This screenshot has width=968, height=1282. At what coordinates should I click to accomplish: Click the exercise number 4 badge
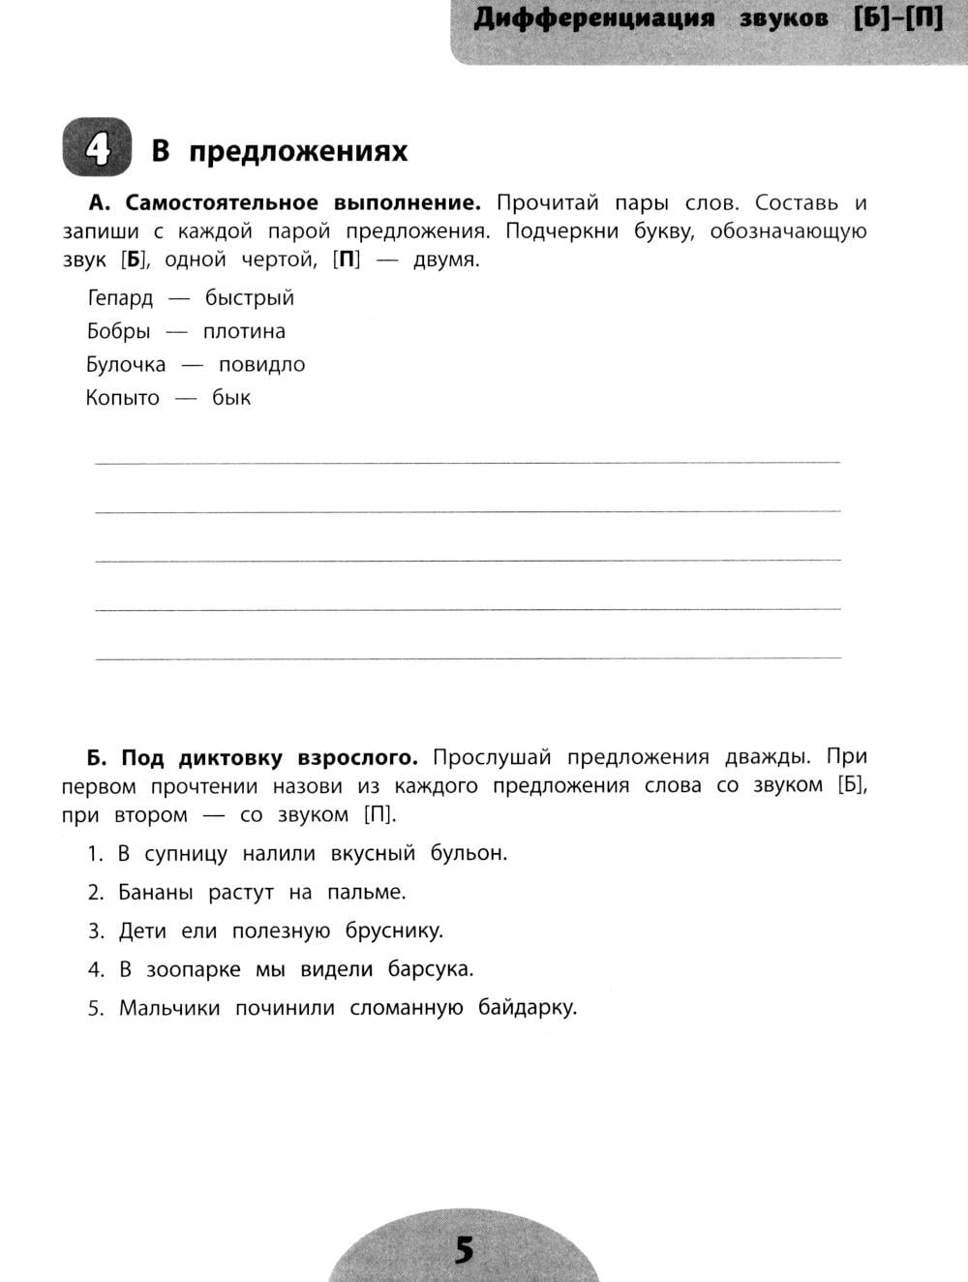(97, 148)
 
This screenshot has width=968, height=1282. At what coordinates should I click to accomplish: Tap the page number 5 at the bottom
(465, 1250)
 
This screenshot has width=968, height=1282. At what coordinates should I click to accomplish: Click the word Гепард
(120, 298)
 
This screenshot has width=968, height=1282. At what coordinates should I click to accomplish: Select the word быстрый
(249, 298)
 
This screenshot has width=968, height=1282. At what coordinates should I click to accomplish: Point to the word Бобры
(118, 331)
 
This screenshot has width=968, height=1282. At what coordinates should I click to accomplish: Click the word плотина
(244, 331)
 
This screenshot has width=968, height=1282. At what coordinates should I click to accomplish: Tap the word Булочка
(126, 364)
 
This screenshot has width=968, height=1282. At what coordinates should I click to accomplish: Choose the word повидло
(261, 364)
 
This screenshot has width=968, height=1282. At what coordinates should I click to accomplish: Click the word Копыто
(122, 398)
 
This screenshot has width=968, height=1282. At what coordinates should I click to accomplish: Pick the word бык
(231, 398)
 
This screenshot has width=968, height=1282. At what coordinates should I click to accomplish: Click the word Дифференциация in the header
(593, 19)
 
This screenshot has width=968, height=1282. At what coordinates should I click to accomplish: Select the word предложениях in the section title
(298, 151)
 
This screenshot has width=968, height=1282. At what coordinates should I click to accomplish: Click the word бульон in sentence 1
(469, 853)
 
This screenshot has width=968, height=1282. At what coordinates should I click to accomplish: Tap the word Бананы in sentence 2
(155, 892)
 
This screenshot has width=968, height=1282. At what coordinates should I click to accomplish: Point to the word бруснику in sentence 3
(394, 931)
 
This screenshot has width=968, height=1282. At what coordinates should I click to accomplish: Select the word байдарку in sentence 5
(527, 1008)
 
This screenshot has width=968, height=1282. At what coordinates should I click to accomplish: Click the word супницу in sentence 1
(186, 854)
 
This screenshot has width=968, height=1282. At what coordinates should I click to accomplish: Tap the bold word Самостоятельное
(222, 203)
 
